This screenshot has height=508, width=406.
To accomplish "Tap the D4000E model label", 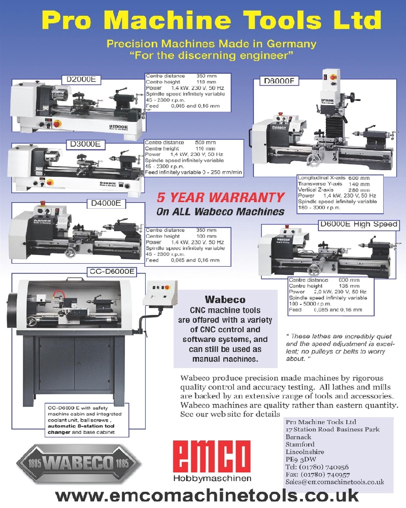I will pos(105,204).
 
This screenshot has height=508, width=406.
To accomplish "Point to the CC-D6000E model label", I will pos(112,272).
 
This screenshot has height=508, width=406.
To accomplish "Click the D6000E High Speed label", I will pos(358,224).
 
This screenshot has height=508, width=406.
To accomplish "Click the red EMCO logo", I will pos(212,457).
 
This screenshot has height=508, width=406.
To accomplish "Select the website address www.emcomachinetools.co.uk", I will pos(207,495).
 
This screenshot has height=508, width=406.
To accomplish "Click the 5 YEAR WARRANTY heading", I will pos(220,197).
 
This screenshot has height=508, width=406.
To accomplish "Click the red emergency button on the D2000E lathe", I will pos(57,123).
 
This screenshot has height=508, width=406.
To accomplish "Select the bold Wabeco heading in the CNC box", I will pos(225,300).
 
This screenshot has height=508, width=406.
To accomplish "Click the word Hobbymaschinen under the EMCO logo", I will pos(212,479).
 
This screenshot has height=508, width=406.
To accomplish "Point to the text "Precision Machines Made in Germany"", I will pos(211,44).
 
